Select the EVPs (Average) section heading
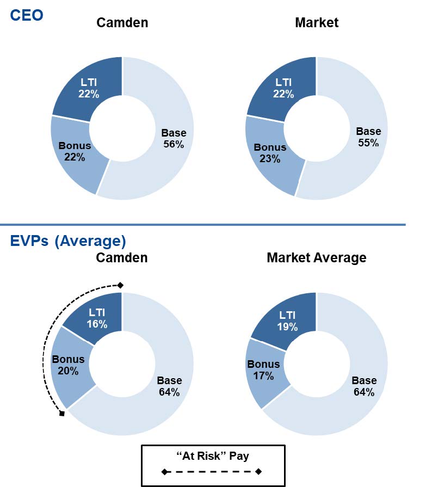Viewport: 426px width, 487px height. click(68, 240)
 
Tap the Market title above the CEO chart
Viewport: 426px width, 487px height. click(317, 22)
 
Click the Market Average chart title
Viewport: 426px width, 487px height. click(316, 257)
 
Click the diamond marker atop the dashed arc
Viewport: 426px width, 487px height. click(121, 285)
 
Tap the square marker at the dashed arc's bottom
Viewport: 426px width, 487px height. click(62, 414)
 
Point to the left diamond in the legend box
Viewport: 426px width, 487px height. click(164, 471)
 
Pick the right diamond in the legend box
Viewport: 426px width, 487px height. click(258, 471)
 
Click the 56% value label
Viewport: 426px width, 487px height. click(174, 144)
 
